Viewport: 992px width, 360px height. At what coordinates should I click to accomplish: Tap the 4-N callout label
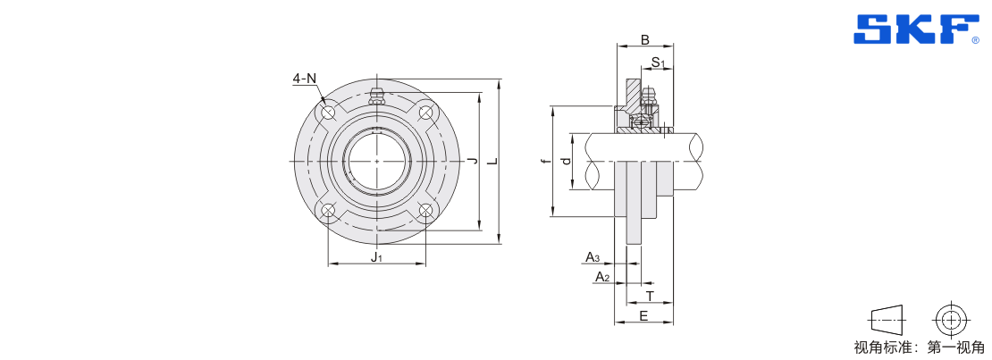(x=305, y=79)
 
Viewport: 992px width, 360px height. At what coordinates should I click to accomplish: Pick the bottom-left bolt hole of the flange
(x=328, y=211)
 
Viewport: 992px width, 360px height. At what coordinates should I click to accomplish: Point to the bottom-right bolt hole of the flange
(x=425, y=211)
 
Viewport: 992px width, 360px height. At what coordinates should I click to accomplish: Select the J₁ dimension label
(x=376, y=257)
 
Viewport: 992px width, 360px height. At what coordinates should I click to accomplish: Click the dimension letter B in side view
(x=644, y=40)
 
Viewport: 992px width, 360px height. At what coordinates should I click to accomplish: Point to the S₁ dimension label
(x=659, y=62)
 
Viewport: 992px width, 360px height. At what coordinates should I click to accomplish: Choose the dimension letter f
(x=545, y=162)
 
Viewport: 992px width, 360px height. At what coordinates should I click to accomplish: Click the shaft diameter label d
(x=567, y=162)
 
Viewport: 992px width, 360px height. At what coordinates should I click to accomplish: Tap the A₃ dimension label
(x=593, y=257)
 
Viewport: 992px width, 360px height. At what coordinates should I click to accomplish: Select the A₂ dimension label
(x=602, y=277)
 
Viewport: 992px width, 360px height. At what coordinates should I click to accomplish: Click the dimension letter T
(x=649, y=296)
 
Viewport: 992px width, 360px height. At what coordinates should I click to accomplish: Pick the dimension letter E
(x=643, y=315)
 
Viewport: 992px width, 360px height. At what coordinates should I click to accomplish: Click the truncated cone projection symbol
(x=886, y=320)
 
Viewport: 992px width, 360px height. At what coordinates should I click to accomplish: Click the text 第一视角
(x=956, y=347)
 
